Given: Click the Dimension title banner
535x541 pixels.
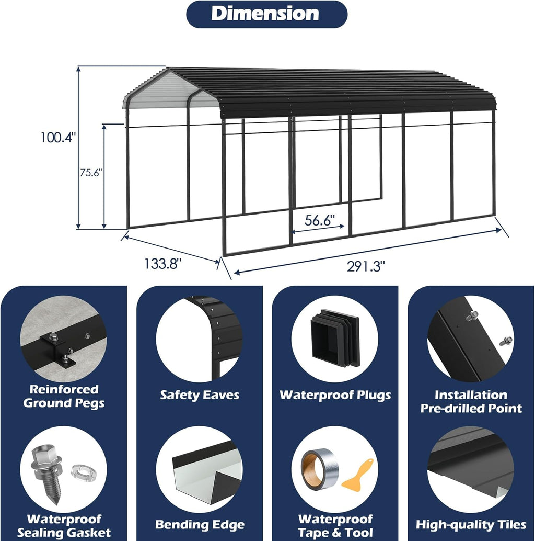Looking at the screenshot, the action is pyautogui.click(x=266, y=14).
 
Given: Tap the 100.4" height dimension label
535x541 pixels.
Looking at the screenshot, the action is pyautogui.click(x=57, y=137).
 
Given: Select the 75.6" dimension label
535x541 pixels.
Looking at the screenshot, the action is pyautogui.click(x=91, y=173).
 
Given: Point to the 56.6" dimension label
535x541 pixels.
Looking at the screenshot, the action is pyautogui.click(x=320, y=220).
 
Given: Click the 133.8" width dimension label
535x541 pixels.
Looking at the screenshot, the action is pyautogui.click(x=162, y=264).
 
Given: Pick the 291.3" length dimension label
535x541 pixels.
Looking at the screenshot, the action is pyautogui.click(x=366, y=266).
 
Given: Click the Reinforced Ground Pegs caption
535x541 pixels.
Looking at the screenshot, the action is pyautogui.click(x=64, y=396).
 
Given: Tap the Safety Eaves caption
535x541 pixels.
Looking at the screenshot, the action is pyautogui.click(x=200, y=395).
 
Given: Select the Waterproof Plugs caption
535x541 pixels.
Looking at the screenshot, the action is pyautogui.click(x=335, y=395).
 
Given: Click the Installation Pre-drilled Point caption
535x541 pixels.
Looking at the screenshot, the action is pyautogui.click(x=471, y=402).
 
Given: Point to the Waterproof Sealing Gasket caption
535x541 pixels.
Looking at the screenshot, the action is pyautogui.click(x=64, y=526).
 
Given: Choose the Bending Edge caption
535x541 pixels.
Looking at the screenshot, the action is pyautogui.click(x=200, y=525).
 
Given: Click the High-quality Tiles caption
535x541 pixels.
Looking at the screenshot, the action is pyautogui.click(x=471, y=525).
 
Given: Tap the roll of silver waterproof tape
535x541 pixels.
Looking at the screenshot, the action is pyautogui.click(x=320, y=469).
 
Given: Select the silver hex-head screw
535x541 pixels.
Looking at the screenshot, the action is pyautogui.click(x=47, y=474).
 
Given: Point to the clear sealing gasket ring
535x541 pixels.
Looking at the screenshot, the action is pyautogui.click(x=83, y=472).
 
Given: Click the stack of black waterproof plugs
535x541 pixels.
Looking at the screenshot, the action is pyautogui.click(x=335, y=338).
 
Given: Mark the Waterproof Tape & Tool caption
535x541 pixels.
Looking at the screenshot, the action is pyautogui.click(x=335, y=526).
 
